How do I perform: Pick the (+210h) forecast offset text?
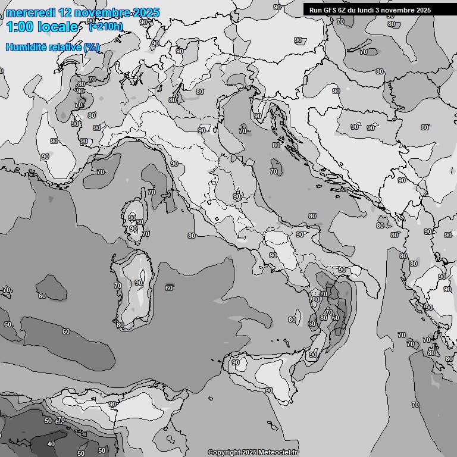[106, 26]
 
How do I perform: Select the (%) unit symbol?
[92, 47]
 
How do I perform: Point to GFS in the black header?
[332, 10]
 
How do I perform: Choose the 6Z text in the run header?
[346, 10]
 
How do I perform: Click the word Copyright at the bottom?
[224, 452]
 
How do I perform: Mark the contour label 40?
[51, 444]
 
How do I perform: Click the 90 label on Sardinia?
[139, 283]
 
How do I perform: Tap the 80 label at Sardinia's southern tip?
[120, 325]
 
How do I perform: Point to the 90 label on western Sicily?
[236, 362]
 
